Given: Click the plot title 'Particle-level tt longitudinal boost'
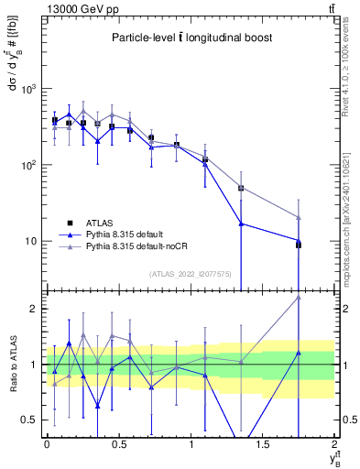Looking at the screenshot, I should tap(190, 38).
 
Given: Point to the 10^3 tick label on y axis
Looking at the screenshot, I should tap(27, 89).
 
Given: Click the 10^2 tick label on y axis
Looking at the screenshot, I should tap(27, 165).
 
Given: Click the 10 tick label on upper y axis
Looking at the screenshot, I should tap(31, 241).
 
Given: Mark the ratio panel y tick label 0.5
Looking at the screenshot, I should tap(30, 420).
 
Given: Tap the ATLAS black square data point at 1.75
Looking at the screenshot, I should tap(299, 245).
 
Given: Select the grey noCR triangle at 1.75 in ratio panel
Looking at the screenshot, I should tap(299, 297).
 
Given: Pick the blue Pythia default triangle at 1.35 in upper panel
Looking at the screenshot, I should tap(241, 224).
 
